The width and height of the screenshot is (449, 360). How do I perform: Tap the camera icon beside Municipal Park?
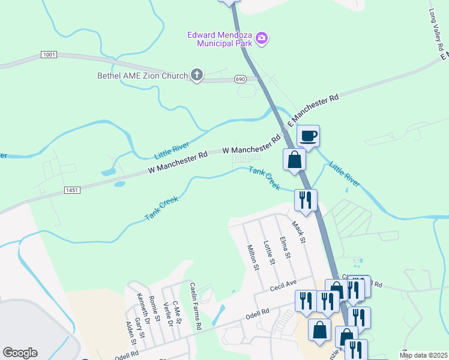tap(261, 39)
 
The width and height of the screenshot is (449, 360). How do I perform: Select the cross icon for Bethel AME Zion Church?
tap(196, 75)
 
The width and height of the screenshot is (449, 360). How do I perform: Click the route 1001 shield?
tap(49, 55)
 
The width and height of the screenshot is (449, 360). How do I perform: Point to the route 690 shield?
tap(240, 79)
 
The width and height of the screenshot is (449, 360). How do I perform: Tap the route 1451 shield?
tap(71, 190)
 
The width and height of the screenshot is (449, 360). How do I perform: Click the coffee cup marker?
tap(308, 136)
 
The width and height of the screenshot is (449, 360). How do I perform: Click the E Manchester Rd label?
tap(313, 109)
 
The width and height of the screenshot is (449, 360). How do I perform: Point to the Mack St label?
tap(298, 232)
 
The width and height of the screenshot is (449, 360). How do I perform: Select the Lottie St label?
tap(269, 253)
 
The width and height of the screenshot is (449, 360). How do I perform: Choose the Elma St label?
tap(285, 248)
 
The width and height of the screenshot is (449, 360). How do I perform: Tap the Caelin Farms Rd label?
tap(195, 306)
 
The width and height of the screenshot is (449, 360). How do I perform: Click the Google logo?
tap(20, 353)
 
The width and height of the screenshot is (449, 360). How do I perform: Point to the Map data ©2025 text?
tap(423, 355)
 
